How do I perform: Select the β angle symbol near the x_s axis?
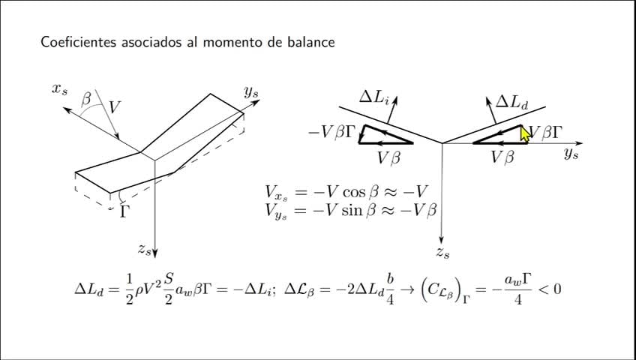click(86, 99)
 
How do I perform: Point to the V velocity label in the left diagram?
click(115, 107)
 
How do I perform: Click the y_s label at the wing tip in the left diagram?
click(251, 92)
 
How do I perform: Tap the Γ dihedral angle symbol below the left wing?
click(124, 211)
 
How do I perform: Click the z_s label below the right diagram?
click(443, 253)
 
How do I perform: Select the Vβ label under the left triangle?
click(392, 157)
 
